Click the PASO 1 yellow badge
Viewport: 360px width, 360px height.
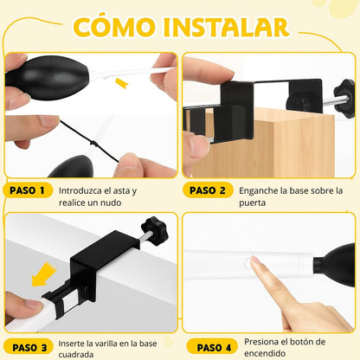[28, 190]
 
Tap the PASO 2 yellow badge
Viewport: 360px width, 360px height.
[208, 190]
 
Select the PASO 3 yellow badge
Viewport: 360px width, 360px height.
[29, 347]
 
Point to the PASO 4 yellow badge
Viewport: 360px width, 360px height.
[213, 347]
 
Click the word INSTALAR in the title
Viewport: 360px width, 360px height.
[226, 28]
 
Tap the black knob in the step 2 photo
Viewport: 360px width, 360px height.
[344, 99]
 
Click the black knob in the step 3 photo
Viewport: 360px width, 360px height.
[155, 231]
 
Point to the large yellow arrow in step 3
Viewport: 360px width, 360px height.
[44, 274]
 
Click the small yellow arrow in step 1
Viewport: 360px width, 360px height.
[121, 82]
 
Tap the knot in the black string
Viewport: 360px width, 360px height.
[93, 143]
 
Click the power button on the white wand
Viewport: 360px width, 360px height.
[247, 264]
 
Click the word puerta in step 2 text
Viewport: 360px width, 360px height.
[252, 202]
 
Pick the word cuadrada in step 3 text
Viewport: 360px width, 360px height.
[76, 355]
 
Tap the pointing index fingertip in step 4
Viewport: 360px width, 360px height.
[254, 260]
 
